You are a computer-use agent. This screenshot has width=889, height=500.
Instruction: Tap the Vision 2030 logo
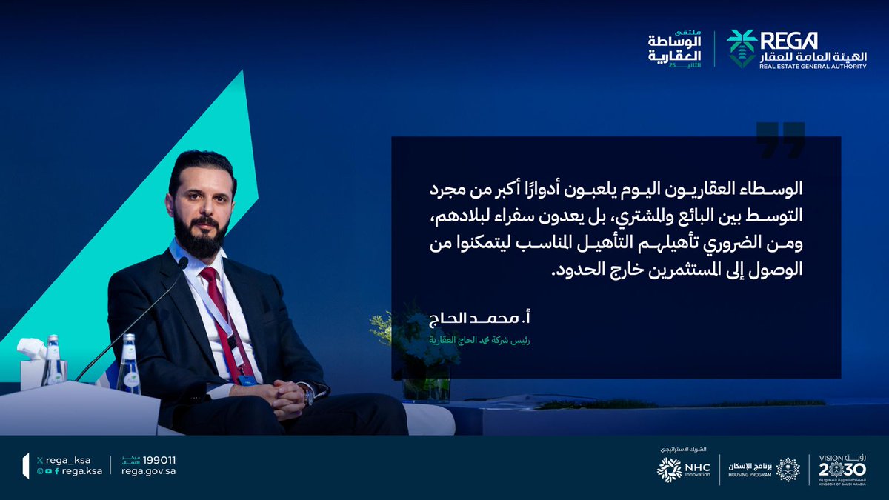coord(843,470)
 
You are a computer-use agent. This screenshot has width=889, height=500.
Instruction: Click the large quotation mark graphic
coord(780,140)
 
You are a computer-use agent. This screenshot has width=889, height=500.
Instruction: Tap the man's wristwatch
coord(308,396)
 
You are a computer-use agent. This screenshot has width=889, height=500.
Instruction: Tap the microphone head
coord(182,262)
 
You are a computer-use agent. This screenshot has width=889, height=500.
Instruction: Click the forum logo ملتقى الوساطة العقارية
coord(673,50)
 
